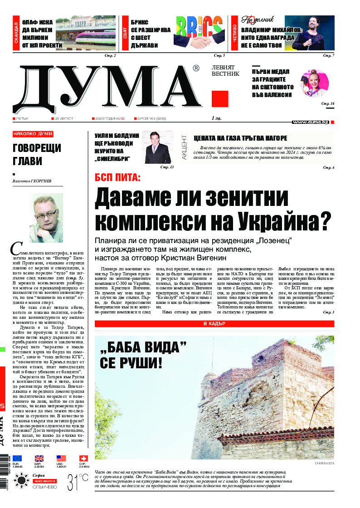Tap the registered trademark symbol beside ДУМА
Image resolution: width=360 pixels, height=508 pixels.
tap(195, 68)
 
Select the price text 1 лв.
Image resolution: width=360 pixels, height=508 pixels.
tap(218, 118)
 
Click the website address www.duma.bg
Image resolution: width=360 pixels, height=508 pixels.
tap(310, 122)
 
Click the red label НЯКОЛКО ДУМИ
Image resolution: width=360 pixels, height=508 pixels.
tap(33, 134)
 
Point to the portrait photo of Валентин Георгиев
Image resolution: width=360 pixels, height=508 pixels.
tap(46, 218)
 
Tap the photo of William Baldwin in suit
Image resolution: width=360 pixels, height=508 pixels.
tap(158, 147)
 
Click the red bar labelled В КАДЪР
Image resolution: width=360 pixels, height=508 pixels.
tap(214, 324)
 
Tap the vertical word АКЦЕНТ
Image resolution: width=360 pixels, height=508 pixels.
tap(184, 147)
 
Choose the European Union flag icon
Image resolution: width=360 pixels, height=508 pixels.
tap(17, 459)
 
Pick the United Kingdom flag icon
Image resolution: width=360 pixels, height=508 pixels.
tap(39, 459)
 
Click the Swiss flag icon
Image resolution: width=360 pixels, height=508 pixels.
tap(83, 459)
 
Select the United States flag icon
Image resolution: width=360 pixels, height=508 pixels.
tap(61, 459)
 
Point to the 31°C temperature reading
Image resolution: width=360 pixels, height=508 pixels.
tap(77, 482)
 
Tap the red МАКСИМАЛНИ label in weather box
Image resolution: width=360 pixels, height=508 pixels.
tap(44, 481)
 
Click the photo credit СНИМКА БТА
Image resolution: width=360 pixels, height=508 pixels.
tap(324, 464)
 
